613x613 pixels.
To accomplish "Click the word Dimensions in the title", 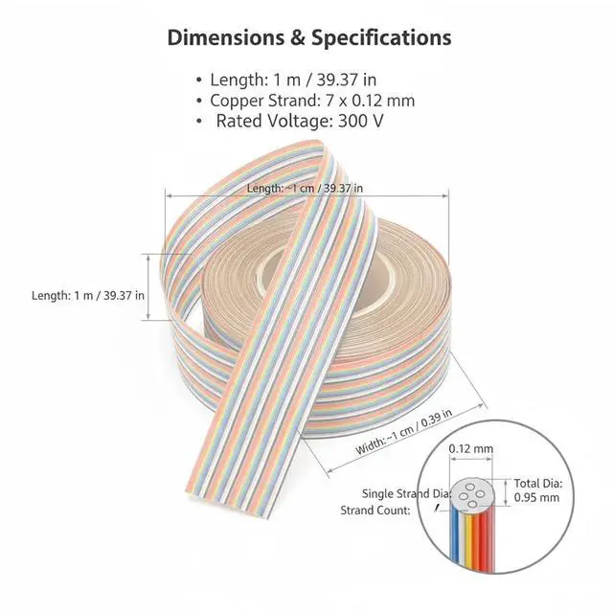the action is point(226,38).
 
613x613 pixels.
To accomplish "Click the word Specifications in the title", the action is point(381,38).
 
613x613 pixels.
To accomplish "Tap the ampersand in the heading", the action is point(298,38).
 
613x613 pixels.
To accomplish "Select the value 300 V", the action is point(360,121).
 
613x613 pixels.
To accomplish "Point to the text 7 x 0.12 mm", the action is point(371,101).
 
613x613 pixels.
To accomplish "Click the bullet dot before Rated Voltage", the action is point(199,122).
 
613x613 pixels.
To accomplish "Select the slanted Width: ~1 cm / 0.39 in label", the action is point(404,431).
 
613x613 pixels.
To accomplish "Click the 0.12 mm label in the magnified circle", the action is point(470,448).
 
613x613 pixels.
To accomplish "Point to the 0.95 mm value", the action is point(536,498).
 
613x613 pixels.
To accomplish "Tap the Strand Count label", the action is point(375,511).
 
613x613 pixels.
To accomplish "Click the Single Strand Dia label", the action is point(406,494).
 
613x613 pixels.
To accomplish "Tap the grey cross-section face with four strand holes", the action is point(472,494).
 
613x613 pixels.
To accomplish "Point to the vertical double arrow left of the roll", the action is point(148,287).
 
